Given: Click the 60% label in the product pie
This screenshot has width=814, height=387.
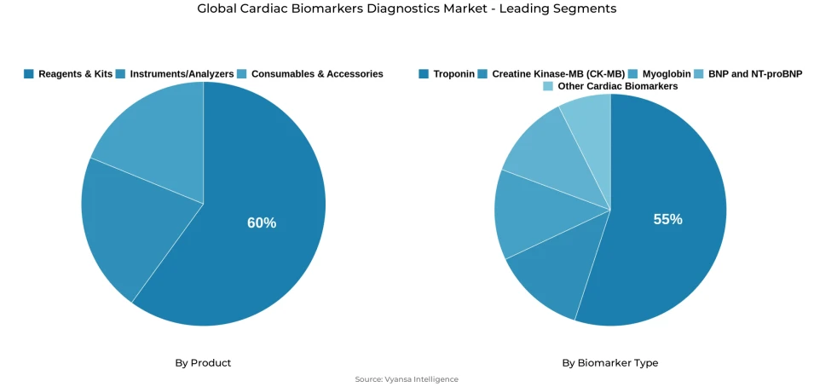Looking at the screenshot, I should [262, 222].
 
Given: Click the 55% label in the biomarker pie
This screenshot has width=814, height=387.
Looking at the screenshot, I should [667, 219].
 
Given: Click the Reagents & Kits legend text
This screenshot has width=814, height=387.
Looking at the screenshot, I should [75, 74].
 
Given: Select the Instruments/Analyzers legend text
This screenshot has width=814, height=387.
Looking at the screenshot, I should [182, 74].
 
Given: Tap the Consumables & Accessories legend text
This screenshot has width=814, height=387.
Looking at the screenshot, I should [317, 74].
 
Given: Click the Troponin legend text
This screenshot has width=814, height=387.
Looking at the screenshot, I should [453, 74].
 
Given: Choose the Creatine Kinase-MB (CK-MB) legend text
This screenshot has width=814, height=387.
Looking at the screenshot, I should [558, 74].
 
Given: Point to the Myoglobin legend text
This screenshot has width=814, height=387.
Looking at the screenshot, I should [667, 74].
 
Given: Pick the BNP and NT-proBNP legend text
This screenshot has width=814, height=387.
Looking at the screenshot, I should [755, 74].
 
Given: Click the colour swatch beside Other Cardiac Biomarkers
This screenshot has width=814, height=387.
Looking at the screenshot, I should [548, 87].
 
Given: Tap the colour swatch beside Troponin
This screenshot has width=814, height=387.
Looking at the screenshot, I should [424, 74].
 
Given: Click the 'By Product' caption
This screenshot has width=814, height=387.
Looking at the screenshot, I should [203, 363].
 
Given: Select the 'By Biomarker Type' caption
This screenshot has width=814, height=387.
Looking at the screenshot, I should [609, 363].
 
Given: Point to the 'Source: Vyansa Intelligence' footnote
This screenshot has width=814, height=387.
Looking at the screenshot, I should [407, 379].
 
